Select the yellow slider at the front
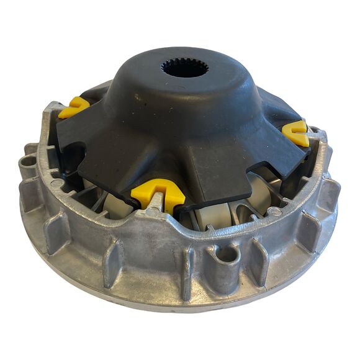pos(157,193)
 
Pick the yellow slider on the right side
pos(296,133)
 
